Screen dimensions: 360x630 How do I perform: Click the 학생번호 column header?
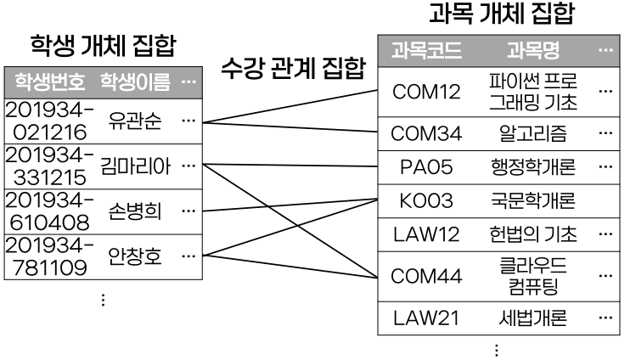pyautogui.click(x=48, y=83)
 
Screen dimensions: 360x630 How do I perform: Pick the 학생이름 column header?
pyautogui.click(x=135, y=83)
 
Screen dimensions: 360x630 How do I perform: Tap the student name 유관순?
pyautogui.click(x=135, y=119)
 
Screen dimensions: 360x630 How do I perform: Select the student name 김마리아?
pyautogui.click(x=135, y=165)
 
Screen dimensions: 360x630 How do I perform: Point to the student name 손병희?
pyautogui.click(x=135, y=211)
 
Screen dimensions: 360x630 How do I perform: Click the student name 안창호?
pyautogui.click(x=135, y=256)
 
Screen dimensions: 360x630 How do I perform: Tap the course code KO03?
pyautogui.click(x=426, y=201)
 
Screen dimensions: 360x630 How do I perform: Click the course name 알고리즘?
pyautogui.click(x=532, y=132)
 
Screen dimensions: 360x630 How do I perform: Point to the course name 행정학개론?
pyautogui.click(x=532, y=166)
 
